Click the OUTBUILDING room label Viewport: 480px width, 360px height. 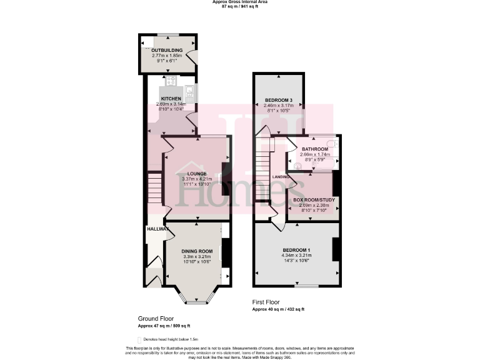pyautogui.click(x=167, y=50)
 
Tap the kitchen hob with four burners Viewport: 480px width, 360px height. pyautogui.click(x=171, y=81)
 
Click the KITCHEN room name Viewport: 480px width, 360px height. pyautogui.click(x=171, y=99)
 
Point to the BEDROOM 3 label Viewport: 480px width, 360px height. pyautogui.click(x=278, y=100)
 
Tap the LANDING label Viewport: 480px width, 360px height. pyautogui.click(x=281, y=177)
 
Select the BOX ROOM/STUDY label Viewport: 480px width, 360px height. pyautogui.click(x=314, y=200)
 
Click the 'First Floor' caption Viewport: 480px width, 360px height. pyautogui.click(x=266, y=301)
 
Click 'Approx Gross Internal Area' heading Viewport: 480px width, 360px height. pyautogui.click(x=239, y=2)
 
